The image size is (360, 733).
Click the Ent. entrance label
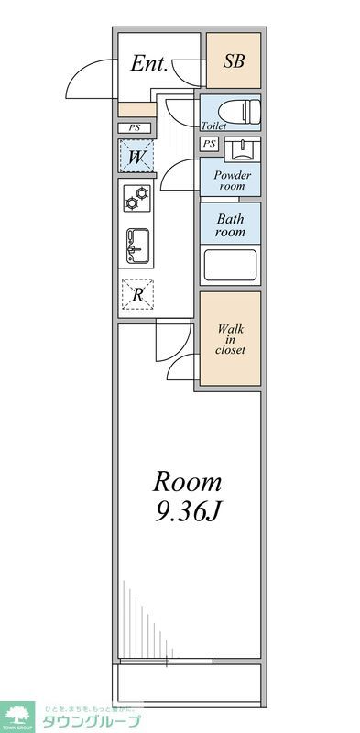click(148, 64)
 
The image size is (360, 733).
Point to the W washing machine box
click(136, 157)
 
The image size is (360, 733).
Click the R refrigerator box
click(137, 294)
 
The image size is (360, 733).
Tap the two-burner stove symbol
click(137, 198)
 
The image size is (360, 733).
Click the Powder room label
click(231, 179)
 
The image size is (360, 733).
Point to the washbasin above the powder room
click(240, 147)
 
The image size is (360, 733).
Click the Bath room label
click(231, 225)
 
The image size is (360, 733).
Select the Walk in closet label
click(230, 339)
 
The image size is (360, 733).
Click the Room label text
click(187, 482)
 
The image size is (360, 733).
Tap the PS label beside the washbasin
click(210, 144)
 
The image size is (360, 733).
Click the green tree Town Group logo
click(18, 716)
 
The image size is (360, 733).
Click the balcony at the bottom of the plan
click(187, 682)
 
